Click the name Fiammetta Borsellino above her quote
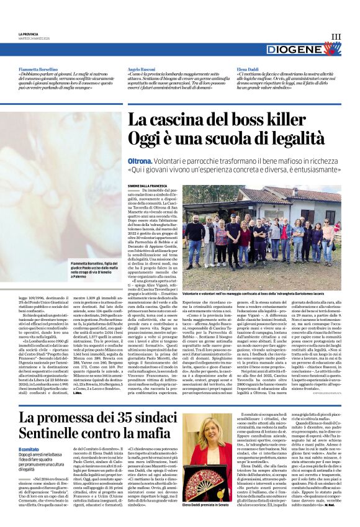pyautogui.click(x=38, y=70)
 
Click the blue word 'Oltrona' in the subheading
pyautogui.click(x=140, y=160)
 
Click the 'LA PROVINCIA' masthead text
pyautogui.click(x=27, y=34)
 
